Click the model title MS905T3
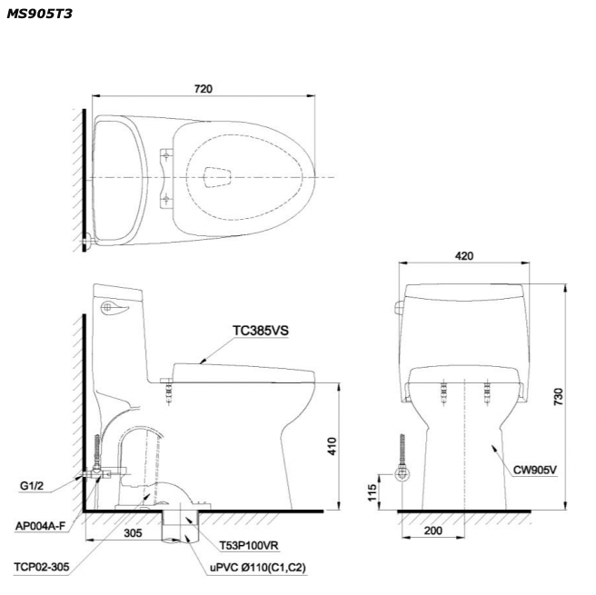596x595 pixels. point(40,14)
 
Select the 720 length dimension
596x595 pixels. point(204,89)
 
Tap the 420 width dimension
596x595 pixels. point(464,255)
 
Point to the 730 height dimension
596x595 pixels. point(558,396)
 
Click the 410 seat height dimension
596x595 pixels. point(332,446)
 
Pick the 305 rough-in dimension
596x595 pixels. point(133,532)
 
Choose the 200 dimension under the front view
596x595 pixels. point(433,531)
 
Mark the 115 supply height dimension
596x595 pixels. point(372,492)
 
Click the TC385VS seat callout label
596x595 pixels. point(261,331)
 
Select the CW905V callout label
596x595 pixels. point(535,470)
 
